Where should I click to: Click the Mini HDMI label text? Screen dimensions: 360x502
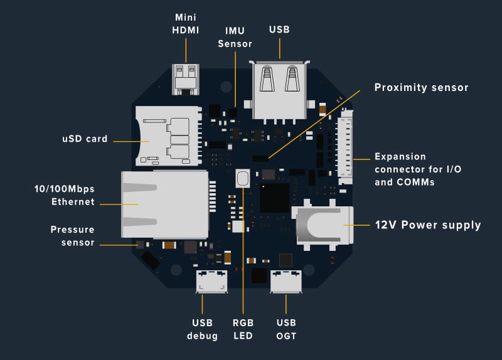186,24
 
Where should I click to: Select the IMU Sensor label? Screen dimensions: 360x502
235,37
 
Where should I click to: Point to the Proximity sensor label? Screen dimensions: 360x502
421,88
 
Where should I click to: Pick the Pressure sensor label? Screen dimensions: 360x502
72,236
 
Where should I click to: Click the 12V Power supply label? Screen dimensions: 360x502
428,225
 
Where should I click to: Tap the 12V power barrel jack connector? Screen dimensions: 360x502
324,225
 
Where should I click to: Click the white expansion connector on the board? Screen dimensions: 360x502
345,149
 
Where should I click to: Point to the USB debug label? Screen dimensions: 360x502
203,329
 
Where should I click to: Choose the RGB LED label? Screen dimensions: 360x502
243,329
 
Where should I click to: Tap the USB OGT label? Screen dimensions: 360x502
286,329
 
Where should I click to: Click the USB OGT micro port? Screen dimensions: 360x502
286,282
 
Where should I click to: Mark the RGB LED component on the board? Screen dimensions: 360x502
243,178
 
